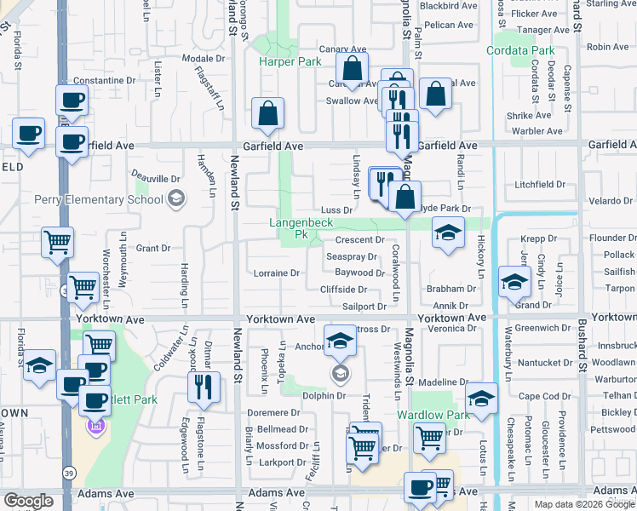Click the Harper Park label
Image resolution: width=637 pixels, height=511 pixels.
click(x=290, y=62)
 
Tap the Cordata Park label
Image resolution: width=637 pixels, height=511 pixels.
click(x=520, y=51)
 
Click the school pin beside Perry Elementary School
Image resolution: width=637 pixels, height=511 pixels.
click(x=176, y=200)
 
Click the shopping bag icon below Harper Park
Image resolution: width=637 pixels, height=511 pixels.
click(x=267, y=113)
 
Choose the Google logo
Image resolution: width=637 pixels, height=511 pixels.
click(x=28, y=502)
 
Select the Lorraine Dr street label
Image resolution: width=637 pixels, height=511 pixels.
click(x=277, y=273)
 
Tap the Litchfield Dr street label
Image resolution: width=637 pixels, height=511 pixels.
click(x=540, y=185)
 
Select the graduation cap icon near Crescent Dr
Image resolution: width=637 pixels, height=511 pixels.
click(x=446, y=232)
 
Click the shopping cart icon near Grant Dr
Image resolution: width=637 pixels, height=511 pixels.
click(x=57, y=242)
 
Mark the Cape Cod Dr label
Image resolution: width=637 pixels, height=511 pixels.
click(x=539, y=397)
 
